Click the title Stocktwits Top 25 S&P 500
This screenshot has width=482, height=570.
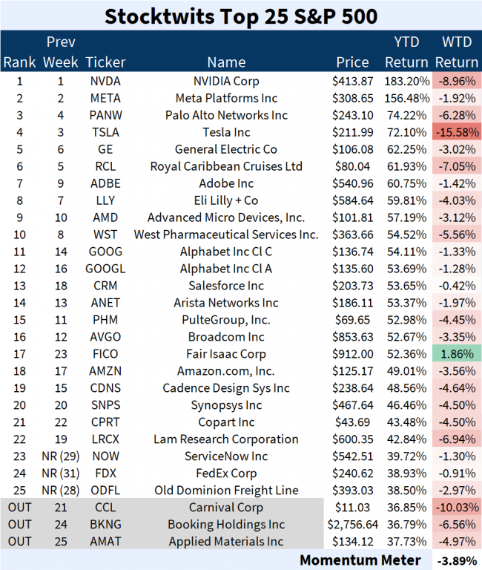click(x=240, y=16)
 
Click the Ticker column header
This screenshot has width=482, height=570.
click(x=105, y=62)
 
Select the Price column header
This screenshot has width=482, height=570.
click(x=352, y=62)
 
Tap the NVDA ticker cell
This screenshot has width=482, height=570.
click(x=105, y=81)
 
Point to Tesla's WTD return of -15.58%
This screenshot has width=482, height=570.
click(x=455, y=132)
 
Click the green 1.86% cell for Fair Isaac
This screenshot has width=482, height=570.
click(x=455, y=354)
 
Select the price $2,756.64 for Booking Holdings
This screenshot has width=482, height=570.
click(x=352, y=525)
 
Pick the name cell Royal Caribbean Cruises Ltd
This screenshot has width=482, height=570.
click(x=226, y=166)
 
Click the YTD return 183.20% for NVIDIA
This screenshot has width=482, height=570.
click(x=406, y=81)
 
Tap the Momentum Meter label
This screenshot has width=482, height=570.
click(x=360, y=560)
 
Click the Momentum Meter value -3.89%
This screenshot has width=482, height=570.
click(x=455, y=560)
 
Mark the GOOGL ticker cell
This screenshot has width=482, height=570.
click(x=105, y=269)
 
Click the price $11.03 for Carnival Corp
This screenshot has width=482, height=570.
click(x=352, y=508)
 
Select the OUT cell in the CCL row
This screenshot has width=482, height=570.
click(x=19, y=508)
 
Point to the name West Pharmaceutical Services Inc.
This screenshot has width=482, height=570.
click(x=226, y=235)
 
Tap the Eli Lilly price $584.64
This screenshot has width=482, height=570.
click(x=352, y=200)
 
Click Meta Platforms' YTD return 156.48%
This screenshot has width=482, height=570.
click(x=406, y=98)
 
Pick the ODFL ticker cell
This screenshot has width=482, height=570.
click(x=105, y=491)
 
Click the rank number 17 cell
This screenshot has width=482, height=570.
click(x=19, y=354)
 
